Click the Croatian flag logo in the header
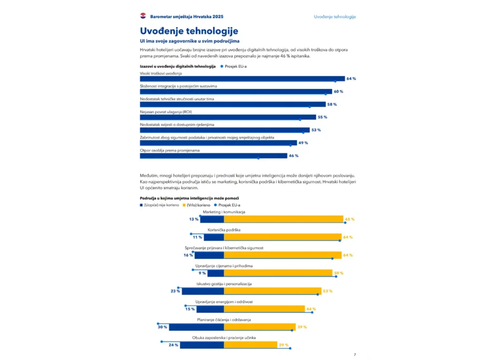[x=143, y=16]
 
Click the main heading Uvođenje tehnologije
[x=189, y=31]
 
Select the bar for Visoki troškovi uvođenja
[x=242, y=79]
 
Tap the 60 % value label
[x=338, y=91]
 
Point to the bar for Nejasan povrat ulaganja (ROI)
[x=228, y=117]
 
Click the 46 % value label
[x=294, y=156]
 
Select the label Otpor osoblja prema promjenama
[x=170, y=151]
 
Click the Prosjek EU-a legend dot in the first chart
[x=222, y=66]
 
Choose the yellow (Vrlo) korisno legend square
[x=184, y=205]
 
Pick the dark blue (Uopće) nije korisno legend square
[x=141, y=205]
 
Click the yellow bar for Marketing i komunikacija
[x=284, y=219]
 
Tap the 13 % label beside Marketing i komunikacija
[x=194, y=219]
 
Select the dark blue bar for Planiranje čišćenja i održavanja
[x=197, y=327]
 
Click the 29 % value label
[x=284, y=345]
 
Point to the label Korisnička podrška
[x=224, y=230]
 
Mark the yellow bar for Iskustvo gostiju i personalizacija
[x=273, y=291]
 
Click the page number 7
[x=355, y=355]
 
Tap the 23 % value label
[x=175, y=291]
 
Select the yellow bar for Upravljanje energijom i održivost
[x=264, y=309]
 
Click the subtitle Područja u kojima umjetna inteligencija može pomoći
[x=189, y=198]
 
